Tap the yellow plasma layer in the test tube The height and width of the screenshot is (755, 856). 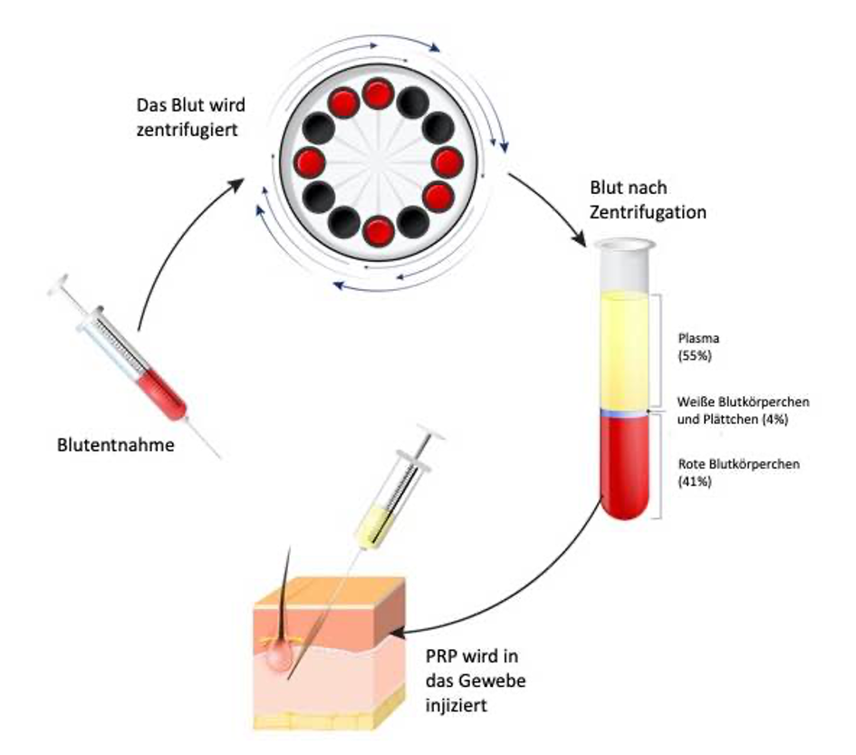(x=624, y=349)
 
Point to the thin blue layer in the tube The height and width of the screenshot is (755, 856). (x=624, y=413)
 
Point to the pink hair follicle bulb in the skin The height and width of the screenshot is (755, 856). (x=282, y=661)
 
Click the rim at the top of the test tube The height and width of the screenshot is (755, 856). (x=623, y=245)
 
